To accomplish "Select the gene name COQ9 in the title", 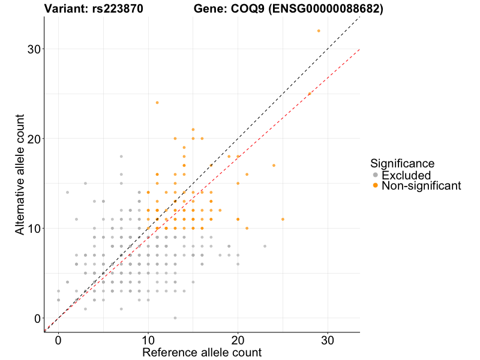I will point(249,9).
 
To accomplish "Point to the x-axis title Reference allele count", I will point(202,352).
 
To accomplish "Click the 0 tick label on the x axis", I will point(58,340).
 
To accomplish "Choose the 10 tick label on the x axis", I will point(148,340).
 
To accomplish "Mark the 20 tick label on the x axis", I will point(238,340).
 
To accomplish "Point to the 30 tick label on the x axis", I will point(328,340).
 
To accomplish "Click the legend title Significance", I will point(402,163).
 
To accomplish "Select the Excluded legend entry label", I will point(406,175).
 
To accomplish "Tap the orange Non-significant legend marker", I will point(376,186).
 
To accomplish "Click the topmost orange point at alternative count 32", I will point(319,31).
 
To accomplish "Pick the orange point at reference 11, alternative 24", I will point(157,103).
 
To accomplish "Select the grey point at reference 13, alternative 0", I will point(175,318).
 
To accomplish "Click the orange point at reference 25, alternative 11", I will point(283,219).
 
